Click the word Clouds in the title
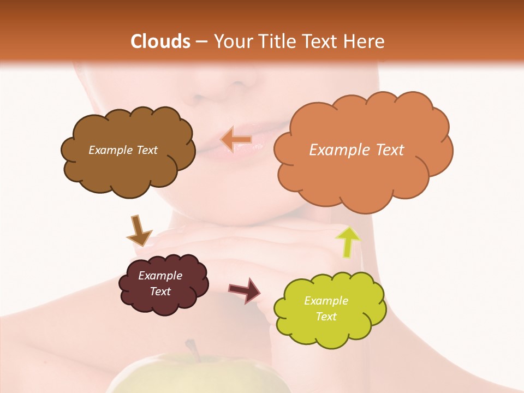(160, 41)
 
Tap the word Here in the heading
(362, 41)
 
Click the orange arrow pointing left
(236, 140)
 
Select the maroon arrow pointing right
(245, 290)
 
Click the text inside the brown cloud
(123, 150)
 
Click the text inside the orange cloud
(356, 150)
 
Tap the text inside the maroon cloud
(160, 283)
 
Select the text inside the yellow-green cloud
(326, 308)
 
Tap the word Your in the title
(230, 41)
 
